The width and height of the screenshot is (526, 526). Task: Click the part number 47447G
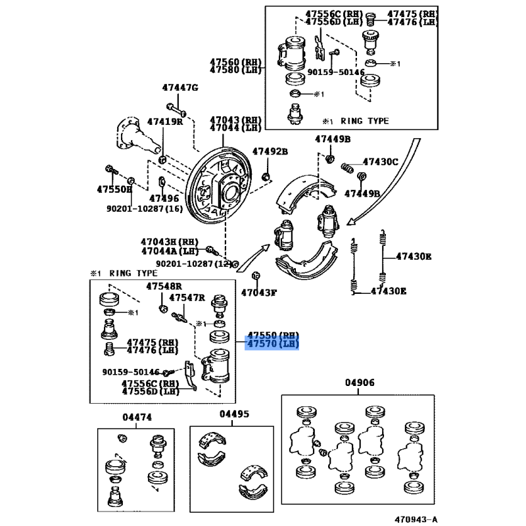click(180, 87)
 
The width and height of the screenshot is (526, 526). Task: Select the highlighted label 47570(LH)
click(272, 344)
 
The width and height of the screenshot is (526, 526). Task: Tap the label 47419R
click(164, 122)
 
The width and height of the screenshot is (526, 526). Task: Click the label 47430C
click(381, 162)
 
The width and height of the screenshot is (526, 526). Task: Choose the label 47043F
click(258, 293)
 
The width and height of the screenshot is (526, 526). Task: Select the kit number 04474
click(137, 417)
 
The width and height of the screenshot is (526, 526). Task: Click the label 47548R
click(163, 286)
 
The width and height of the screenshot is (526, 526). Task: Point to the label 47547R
click(187, 298)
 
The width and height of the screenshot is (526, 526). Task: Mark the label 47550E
click(114, 189)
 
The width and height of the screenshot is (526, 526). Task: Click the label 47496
click(164, 198)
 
